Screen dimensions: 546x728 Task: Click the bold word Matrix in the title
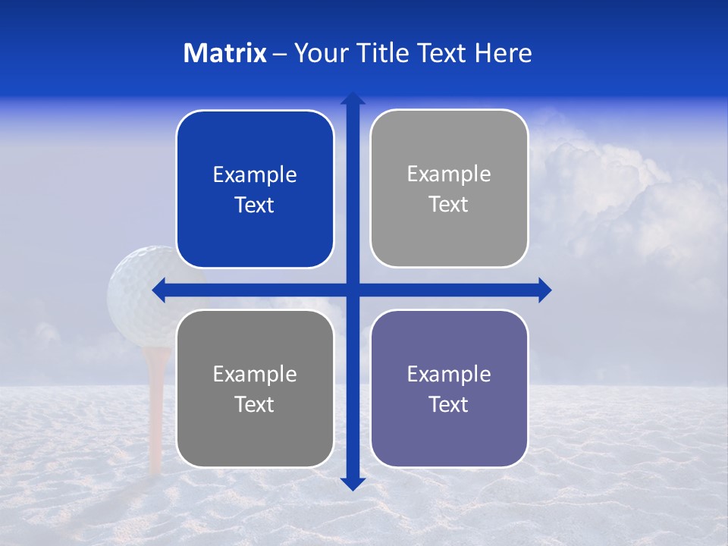tap(225, 53)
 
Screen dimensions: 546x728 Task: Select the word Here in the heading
tap(503, 53)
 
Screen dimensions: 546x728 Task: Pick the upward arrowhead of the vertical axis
tap(353, 99)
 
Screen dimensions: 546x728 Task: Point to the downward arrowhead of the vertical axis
tap(353, 483)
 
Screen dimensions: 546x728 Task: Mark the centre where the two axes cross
tap(353, 290)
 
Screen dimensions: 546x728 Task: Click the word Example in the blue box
tap(255, 175)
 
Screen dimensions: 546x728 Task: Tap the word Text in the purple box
tap(449, 405)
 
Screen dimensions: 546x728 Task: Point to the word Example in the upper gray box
tap(449, 174)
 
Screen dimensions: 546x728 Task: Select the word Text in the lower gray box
tap(255, 405)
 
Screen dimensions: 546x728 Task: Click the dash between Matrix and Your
tap(280, 54)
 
